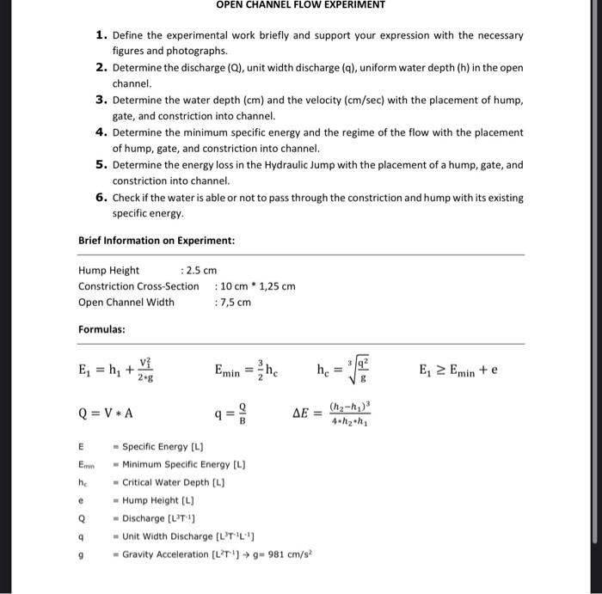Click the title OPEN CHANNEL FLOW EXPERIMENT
300,5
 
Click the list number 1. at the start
101,35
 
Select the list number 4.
101,132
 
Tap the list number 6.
101,197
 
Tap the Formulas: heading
101,329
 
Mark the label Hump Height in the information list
108,270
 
